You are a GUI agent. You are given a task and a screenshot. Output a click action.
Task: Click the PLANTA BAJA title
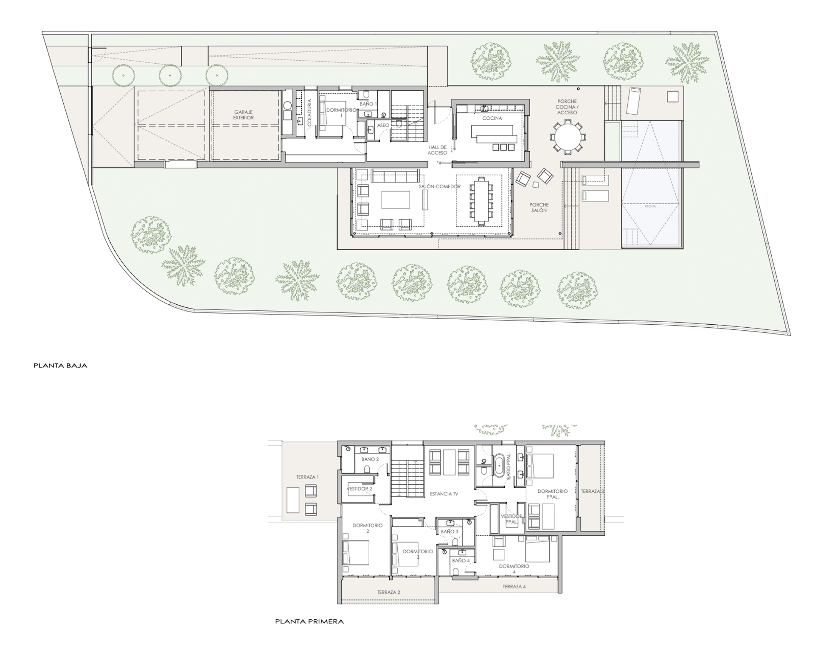tap(60, 365)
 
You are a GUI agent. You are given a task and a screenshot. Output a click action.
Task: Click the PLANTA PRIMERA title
tap(309, 621)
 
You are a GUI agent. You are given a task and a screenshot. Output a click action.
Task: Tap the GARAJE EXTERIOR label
tap(243, 115)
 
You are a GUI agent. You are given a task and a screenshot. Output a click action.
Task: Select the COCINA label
tap(492, 118)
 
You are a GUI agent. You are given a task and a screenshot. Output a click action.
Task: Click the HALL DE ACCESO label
tap(437, 150)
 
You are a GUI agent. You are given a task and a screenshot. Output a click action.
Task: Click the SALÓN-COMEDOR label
tap(440, 187)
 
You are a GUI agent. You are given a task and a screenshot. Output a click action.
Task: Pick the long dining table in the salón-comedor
tap(481, 200)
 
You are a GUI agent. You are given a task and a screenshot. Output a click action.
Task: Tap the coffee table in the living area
tap(395, 200)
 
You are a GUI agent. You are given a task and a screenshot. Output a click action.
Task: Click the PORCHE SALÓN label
tap(539, 208)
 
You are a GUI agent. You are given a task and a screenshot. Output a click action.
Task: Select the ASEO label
tap(383, 126)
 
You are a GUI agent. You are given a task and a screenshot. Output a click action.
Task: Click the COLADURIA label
tap(309, 112)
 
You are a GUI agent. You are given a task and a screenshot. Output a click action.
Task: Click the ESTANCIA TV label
tap(444, 494)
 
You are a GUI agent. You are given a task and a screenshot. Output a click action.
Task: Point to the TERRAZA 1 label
tap(307, 477)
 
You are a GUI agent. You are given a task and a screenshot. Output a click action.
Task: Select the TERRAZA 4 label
tap(514, 587)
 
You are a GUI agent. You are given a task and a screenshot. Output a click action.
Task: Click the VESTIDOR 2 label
tap(359, 489)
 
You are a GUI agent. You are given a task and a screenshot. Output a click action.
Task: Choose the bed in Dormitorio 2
tap(357, 552)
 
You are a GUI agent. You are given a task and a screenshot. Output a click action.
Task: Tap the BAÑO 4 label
tap(461, 561)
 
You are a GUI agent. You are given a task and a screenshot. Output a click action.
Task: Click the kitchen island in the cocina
tap(495, 134)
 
